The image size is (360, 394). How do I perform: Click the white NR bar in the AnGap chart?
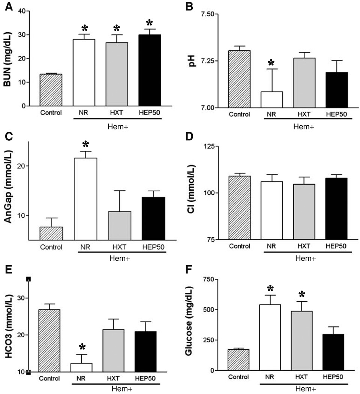[86, 199]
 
